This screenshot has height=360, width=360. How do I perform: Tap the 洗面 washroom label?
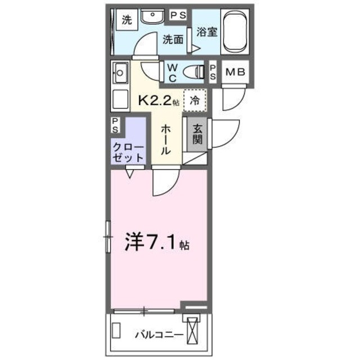173,39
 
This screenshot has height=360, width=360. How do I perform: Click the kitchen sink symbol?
120,72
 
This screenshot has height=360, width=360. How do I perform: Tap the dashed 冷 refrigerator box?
194,101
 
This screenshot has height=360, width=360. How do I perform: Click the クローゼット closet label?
129,152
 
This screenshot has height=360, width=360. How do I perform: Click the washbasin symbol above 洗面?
151,18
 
